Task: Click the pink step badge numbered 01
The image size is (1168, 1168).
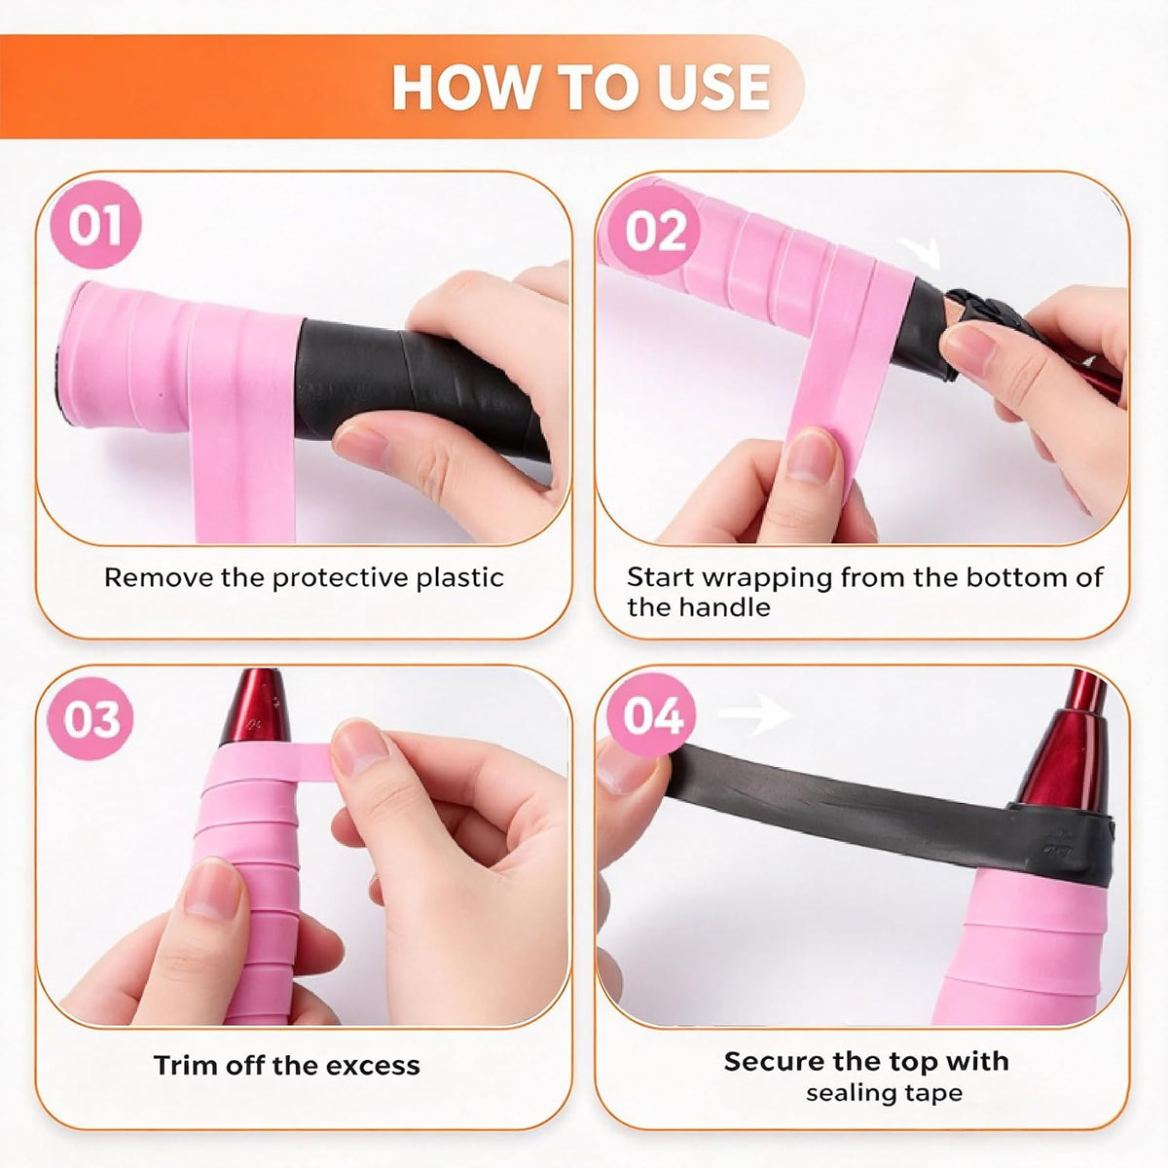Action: [95, 226]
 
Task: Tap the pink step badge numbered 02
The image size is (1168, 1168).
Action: [655, 231]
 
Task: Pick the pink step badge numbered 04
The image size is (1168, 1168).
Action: [652, 715]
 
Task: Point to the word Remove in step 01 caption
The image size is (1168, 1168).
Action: [159, 577]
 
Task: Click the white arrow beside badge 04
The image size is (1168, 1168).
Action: [754, 714]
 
